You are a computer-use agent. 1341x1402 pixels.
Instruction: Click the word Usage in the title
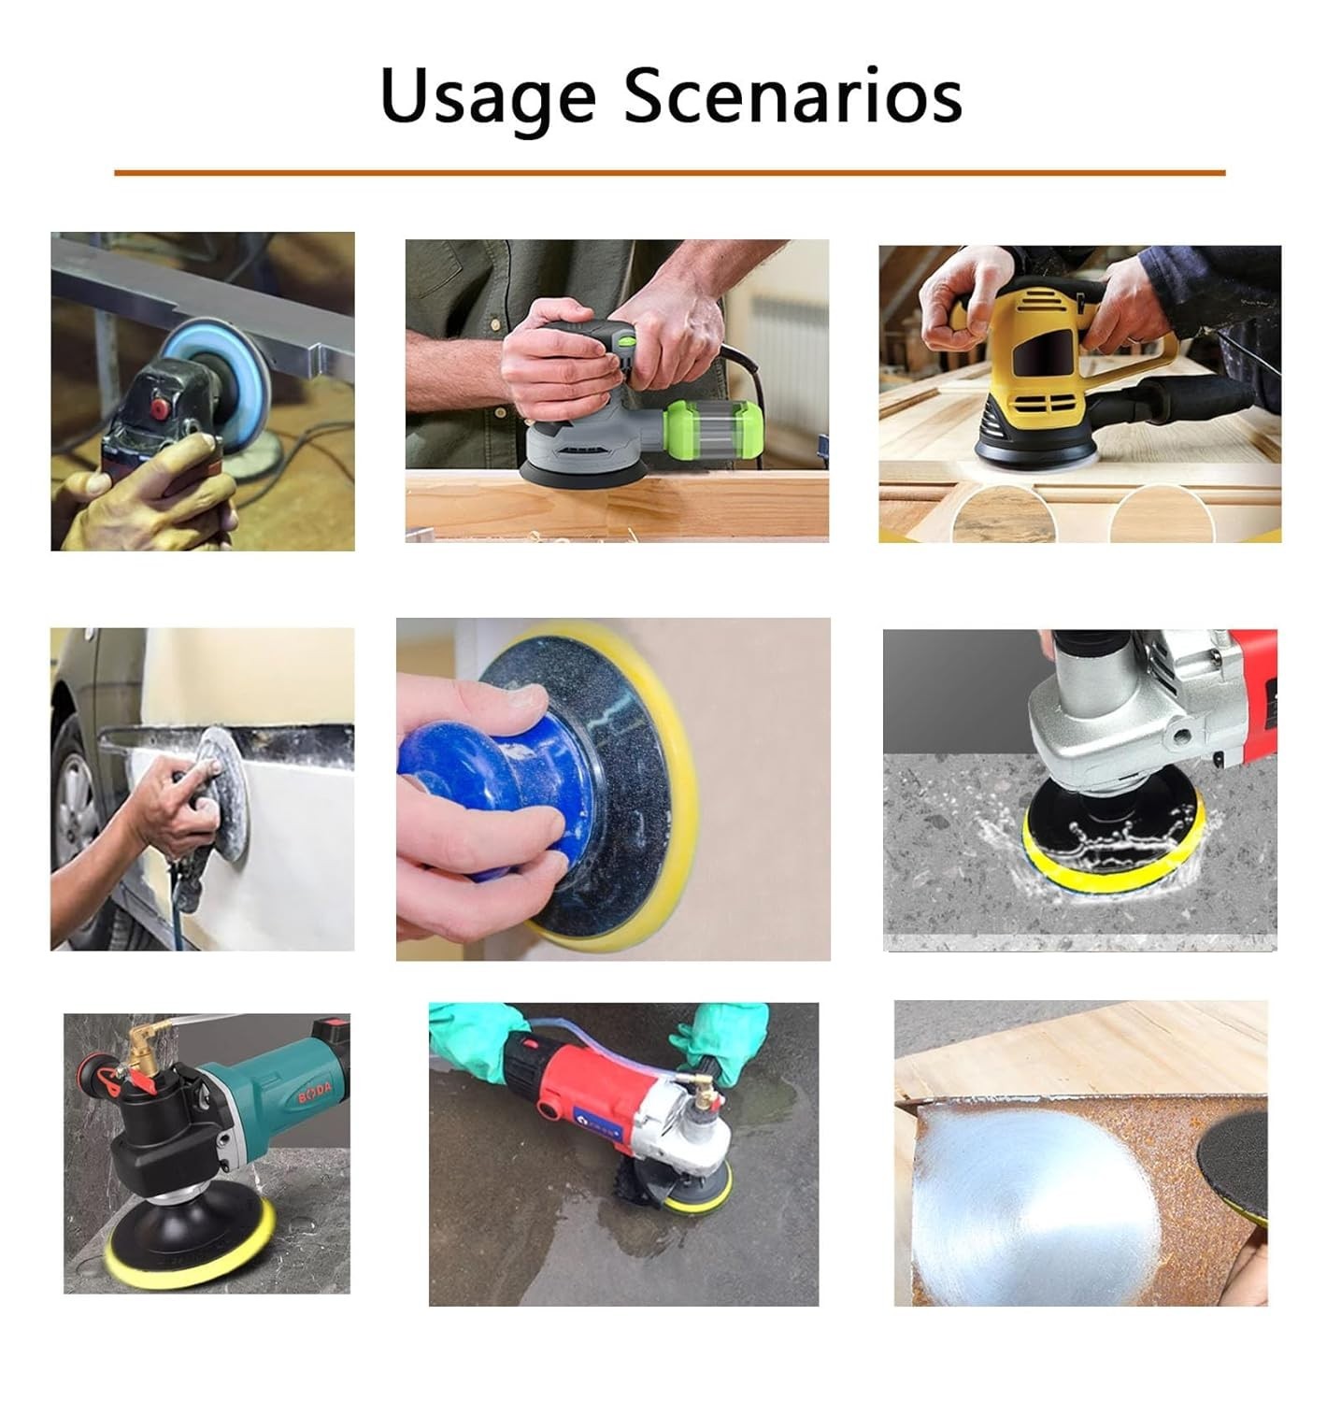click(487, 97)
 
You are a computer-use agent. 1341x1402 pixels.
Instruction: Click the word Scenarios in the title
click(792, 95)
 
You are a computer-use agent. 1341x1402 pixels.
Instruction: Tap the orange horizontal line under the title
click(669, 173)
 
